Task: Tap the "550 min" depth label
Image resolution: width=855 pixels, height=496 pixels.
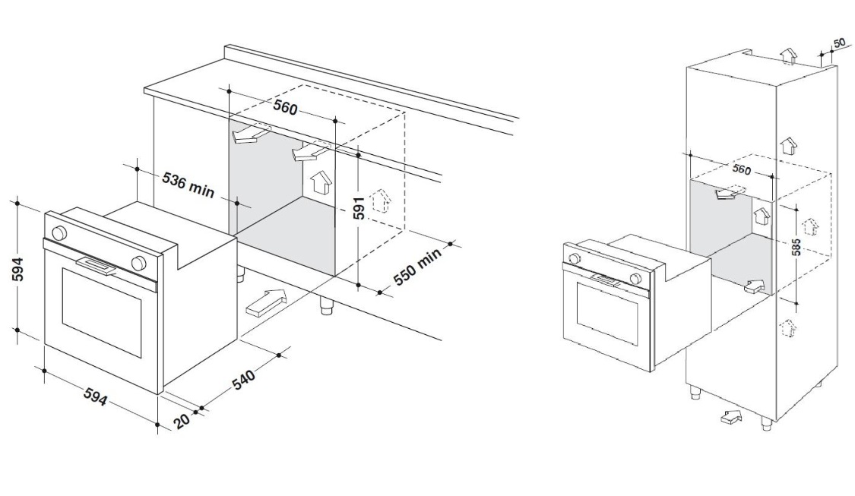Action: (x=416, y=268)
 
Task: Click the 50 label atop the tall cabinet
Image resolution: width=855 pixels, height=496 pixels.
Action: (x=839, y=43)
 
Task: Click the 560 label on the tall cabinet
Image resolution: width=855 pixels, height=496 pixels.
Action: (x=741, y=170)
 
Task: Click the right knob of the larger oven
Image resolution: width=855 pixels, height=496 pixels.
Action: (x=139, y=263)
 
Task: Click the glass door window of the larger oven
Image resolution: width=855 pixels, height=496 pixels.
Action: (x=101, y=312)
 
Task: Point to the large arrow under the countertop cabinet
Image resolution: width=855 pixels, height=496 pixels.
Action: (x=266, y=302)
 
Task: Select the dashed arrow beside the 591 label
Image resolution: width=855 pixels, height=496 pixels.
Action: (x=381, y=201)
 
